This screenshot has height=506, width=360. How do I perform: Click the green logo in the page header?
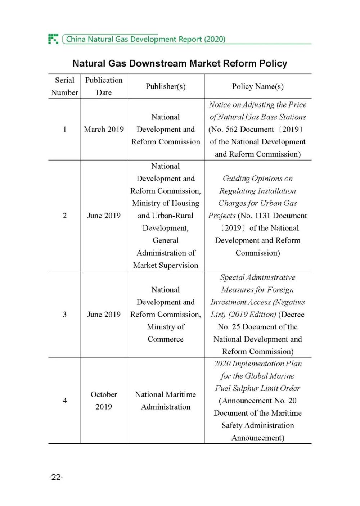point(53,39)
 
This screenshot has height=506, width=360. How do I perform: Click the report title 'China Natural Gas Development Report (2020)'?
point(145,39)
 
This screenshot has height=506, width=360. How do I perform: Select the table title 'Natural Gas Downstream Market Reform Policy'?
point(180,64)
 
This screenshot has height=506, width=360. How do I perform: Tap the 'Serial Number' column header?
point(64,86)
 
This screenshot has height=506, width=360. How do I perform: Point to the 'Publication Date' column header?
point(104,86)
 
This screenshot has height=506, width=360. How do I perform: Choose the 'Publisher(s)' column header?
point(166,86)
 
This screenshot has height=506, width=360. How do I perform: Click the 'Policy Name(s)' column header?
point(258,86)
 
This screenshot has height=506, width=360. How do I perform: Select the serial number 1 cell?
point(65,129)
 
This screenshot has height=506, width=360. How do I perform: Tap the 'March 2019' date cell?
point(104,129)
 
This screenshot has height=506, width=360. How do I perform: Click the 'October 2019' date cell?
point(104,401)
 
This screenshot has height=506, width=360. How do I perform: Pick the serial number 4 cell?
point(65,401)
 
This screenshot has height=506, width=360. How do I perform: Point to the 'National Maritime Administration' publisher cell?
point(166,401)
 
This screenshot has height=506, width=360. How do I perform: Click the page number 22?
point(56,478)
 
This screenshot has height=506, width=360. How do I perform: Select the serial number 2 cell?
point(65,216)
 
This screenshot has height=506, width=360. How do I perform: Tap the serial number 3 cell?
point(65,314)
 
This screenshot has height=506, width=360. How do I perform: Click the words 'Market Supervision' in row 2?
point(166,265)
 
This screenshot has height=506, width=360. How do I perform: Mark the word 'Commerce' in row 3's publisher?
point(166,339)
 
